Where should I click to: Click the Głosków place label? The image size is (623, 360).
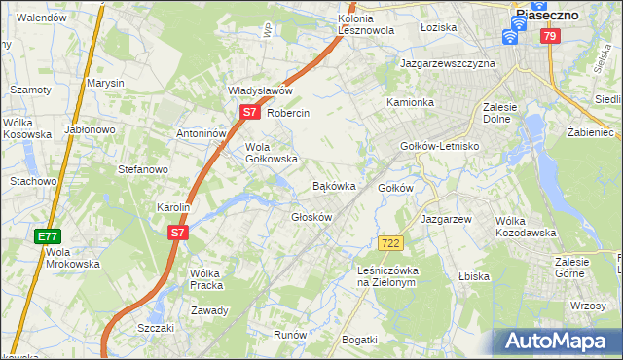[311, 217]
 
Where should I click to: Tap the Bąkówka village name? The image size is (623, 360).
[333, 185]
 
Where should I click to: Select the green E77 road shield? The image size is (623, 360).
[48, 236]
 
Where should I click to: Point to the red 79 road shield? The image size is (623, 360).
[550, 36]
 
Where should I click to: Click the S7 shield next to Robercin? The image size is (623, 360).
[249, 113]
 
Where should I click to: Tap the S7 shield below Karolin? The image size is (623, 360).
[176, 233]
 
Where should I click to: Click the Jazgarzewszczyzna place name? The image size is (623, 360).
[448, 63]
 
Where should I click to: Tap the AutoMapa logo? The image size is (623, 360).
[558, 341]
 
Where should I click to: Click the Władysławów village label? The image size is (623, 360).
[260, 90]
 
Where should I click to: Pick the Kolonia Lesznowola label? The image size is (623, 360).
[365, 24]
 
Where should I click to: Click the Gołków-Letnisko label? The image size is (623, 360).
[441, 146]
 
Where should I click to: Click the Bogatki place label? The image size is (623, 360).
[359, 339]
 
